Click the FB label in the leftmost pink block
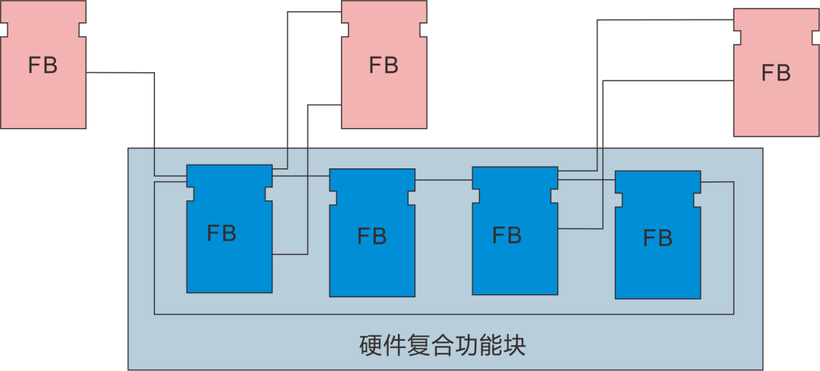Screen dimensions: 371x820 click(43, 65)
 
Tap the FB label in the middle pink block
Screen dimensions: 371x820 click(383, 65)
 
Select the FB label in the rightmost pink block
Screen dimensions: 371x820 click(776, 74)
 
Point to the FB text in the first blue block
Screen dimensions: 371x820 click(222, 233)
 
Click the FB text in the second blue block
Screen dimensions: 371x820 click(372, 237)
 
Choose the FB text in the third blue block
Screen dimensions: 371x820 click(507, 235)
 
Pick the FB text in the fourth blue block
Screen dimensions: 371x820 click(658, 238)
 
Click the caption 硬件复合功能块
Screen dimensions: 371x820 click(443, 346)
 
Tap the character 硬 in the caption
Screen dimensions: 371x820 click(371, 346)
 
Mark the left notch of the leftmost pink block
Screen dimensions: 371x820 click(4, 30)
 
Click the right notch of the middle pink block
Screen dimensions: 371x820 click(424, 30)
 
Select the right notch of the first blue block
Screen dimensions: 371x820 click(268, 194)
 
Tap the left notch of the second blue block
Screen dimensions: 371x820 click(333, 198)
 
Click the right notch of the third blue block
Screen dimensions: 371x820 click(553, 197)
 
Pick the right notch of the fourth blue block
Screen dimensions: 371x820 click(696, 200)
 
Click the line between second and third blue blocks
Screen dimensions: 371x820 click(443, 180)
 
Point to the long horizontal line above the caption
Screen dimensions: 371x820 click(443, 314)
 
